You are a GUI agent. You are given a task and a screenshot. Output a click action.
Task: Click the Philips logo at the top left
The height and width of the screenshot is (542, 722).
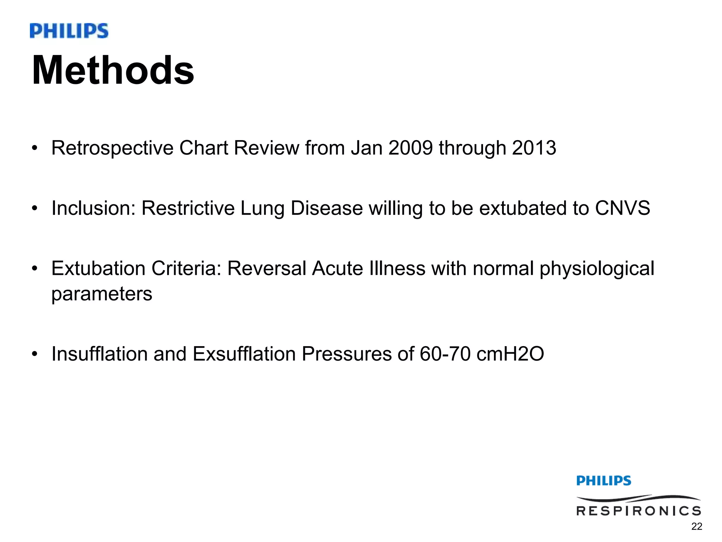(x=69, y=31)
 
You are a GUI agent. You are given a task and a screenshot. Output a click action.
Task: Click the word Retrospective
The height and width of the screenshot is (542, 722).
(x=112, y=148)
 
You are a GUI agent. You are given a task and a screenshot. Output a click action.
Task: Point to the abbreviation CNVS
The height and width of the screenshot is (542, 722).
(x=622, y=208)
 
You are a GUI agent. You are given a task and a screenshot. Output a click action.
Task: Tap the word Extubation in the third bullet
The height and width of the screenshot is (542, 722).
(x=98, y=268)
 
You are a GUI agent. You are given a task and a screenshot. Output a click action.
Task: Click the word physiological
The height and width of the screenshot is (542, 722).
(x=597, y=269)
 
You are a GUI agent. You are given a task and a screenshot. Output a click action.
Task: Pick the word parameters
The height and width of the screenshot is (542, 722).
(x=102, y=294)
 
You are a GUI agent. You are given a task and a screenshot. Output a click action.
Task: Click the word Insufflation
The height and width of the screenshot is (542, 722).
(x=99, y=354)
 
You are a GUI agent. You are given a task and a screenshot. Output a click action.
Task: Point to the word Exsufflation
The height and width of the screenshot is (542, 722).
(x=244, y=354)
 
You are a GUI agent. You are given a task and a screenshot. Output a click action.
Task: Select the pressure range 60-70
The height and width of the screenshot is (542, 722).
(x=445, y=354)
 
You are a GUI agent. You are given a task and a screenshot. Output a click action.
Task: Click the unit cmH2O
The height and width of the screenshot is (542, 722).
(x=510, y=354)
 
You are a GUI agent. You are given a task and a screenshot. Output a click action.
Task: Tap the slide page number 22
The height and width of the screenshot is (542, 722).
(x=697, y=526)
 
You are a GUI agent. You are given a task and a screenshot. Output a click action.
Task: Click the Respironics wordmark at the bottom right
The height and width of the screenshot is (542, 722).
(x=638, y=510)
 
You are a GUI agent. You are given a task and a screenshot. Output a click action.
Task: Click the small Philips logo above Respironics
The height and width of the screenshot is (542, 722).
(x=604, y=481)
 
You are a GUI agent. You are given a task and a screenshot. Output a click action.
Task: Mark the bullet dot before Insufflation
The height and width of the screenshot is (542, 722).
(x=34, y=354)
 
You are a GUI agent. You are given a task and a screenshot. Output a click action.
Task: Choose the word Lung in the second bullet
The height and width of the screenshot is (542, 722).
(x=262, y=209)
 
